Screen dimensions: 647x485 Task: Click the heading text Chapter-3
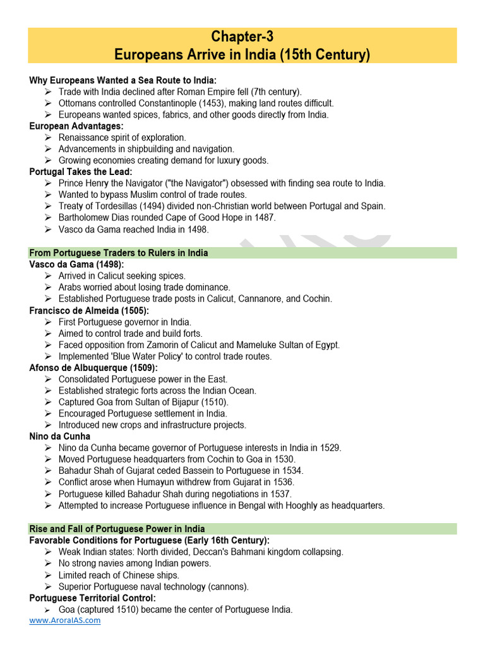point(242,37)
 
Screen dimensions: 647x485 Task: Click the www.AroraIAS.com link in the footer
point(64,620)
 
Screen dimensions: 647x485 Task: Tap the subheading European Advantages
point(76,126)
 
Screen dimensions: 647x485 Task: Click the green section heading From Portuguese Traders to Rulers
point(119,253)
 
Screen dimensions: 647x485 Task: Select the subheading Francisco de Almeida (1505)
point(89,310)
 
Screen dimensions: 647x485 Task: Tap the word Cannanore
point(265,299)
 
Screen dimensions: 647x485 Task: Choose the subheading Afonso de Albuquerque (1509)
point(93,368)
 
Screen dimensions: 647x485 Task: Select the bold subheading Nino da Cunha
point(60,436)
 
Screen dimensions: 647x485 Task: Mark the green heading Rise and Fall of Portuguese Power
point(117,529)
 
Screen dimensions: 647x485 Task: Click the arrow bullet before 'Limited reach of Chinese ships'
point(49,575)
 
